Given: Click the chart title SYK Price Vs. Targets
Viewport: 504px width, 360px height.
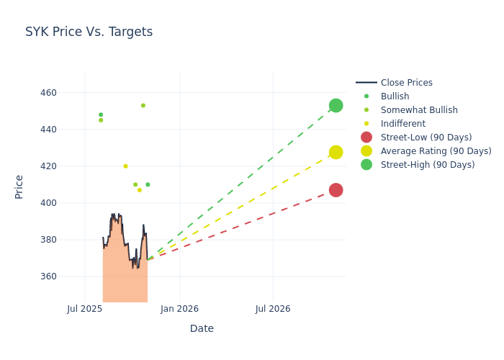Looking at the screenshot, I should (x=89, y=32).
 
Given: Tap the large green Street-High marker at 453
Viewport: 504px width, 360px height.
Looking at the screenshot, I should (x=336, y=106).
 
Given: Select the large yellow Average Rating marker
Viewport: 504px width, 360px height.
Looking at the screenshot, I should (x=336, y=152).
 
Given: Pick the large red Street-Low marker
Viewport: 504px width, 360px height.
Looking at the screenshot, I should (x=336, y=190).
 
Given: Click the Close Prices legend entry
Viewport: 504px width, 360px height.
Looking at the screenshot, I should (x=406, y=83).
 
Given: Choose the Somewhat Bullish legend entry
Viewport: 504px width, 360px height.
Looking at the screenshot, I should (x=419, y=110).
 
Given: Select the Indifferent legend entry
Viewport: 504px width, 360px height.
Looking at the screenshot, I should (x=402, y=124).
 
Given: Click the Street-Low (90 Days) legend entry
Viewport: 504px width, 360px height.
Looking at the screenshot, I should (x=426, y=138).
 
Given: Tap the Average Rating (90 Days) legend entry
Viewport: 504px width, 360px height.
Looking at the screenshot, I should (x=436, y=151).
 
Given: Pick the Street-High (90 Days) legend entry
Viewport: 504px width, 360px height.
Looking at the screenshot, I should (x=428, y=165).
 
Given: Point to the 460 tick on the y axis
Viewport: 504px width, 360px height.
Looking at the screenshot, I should (x=68, y=93).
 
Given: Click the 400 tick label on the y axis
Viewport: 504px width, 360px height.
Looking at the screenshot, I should (x=68, y=203).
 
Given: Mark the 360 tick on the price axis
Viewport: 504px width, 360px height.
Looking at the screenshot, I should (x=68, y=276).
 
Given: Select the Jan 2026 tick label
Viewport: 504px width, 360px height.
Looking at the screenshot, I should (x=179, y=309).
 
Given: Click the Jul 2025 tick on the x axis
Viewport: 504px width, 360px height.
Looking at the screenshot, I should (x=85, y=309).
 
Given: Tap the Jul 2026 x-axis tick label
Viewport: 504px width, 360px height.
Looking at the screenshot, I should (x=273, y=309).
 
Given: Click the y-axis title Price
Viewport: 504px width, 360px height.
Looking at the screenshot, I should (x=19, y=186).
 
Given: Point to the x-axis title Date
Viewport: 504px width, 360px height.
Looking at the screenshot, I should (x=202, y=329).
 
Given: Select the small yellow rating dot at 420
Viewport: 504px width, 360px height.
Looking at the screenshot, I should (x=125, y=166).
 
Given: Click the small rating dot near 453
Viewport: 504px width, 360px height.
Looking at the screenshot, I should (x=143, y=106).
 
